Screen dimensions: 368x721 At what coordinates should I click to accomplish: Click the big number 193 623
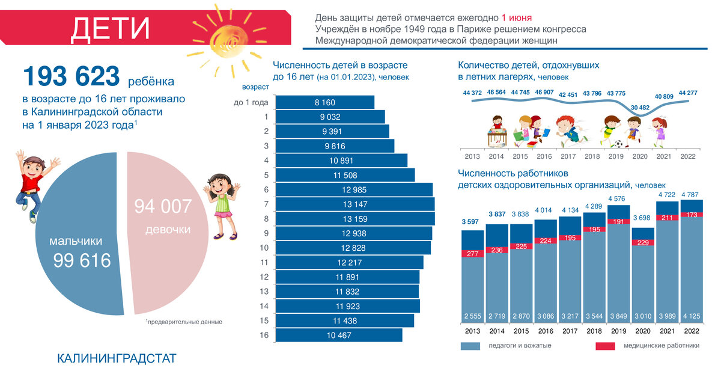71,77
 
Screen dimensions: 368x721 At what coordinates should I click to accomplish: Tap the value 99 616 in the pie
82,260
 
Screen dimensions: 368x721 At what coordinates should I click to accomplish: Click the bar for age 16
339,335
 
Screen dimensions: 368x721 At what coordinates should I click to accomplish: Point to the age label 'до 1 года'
251,102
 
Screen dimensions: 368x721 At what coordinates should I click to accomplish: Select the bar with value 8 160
324,102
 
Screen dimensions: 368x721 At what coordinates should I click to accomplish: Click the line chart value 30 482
640,108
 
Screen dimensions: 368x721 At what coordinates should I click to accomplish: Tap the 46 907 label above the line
544,93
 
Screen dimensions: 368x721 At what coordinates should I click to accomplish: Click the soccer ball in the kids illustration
618,144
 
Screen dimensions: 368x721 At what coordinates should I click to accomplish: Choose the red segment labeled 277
473,254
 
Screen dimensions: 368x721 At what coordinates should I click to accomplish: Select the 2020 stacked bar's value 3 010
643,316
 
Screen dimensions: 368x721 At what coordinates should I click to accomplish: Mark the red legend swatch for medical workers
605,346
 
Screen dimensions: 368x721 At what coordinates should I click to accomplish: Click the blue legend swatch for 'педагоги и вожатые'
470,346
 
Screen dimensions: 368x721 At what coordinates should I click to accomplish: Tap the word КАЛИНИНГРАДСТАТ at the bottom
117,359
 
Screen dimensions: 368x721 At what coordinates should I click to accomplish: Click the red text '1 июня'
516,17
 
